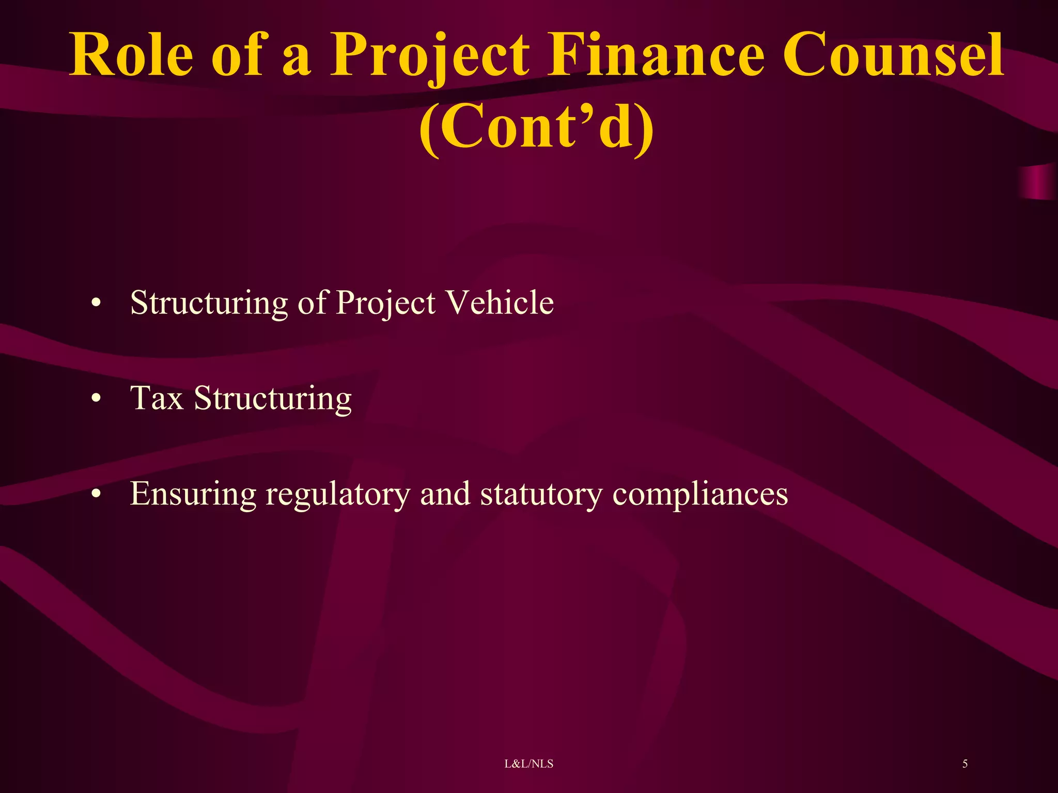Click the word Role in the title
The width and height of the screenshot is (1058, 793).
tap(131, 55)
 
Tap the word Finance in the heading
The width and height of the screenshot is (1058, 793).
tap(656, 55)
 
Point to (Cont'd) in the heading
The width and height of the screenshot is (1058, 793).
tap(536, 127)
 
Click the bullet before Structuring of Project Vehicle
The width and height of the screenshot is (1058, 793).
tap(95, 303)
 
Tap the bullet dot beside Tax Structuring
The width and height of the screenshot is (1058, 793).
tap(95, 399)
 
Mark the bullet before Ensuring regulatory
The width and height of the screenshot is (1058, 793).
tap(95, 494)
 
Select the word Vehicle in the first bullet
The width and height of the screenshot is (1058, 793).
tap(500, 302)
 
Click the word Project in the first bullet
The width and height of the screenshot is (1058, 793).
tap(385, 303)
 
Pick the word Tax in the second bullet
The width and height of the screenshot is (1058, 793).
tap(157, 398)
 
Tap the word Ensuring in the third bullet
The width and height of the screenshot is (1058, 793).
tap(193, 494)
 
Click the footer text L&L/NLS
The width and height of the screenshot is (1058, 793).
tap(528, 764)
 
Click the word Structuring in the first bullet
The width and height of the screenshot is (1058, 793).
tap(209, 303)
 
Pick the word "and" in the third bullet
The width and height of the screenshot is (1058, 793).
tap(445, 494)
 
